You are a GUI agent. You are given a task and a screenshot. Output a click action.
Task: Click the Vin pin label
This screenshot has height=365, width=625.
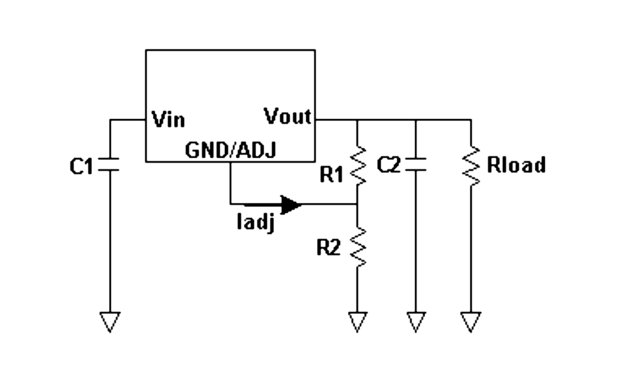point(168,120)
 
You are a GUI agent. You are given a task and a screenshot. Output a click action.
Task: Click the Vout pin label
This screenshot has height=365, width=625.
point(287,116)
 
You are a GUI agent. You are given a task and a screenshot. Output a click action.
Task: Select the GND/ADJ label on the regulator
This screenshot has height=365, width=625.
point(231,150)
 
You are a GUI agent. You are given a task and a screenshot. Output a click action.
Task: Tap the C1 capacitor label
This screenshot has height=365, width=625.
point(81,166)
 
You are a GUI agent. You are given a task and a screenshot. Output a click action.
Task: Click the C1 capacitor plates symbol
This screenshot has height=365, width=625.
point(110,165)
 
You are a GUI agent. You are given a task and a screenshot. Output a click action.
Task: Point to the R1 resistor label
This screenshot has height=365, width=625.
point(332,175)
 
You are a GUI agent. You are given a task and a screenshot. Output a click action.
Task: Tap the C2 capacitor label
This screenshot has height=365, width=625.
point(389,165)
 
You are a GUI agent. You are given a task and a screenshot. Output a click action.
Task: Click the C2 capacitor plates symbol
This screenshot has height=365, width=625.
point(416,165)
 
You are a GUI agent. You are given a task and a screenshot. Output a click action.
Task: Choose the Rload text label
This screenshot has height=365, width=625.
point(516,165)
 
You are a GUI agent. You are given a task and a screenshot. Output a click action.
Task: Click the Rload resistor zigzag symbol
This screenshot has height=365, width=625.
point(471,165)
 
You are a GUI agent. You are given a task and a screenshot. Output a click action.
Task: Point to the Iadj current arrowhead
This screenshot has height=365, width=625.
point(291,204)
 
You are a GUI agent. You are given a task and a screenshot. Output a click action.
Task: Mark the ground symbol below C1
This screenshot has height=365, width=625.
point(110,321)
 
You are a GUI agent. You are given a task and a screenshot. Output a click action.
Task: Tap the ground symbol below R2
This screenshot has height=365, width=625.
point(358,321)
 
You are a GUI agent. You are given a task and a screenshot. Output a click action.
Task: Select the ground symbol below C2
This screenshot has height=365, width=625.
point(416,321)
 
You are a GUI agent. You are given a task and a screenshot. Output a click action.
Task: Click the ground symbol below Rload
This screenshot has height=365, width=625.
point(471,321)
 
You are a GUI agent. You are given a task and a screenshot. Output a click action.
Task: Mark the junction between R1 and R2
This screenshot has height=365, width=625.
point(358,204)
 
